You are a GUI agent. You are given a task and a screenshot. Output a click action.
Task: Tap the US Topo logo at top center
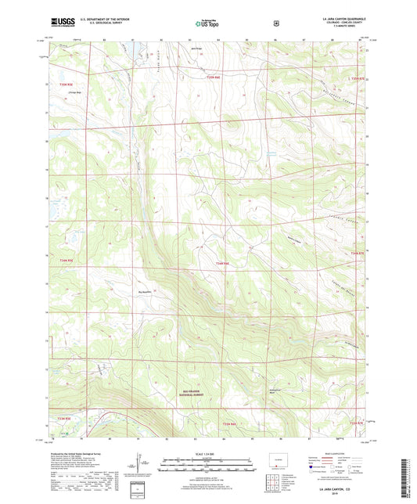click(x=207, y=24)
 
